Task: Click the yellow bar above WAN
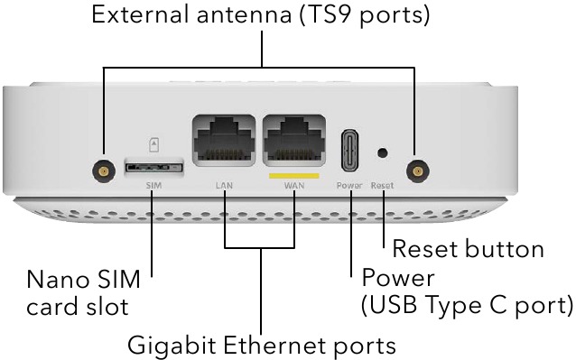click(294, 174)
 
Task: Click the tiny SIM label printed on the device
click(153, 184)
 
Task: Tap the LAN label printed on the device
click(225, 185)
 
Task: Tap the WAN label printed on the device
click(294, 185)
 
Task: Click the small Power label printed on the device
click(348, 185)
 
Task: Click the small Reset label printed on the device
click(382, 185)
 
